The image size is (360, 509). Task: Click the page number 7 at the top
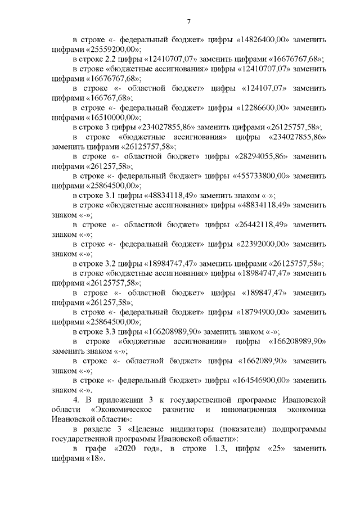coord(189,22)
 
